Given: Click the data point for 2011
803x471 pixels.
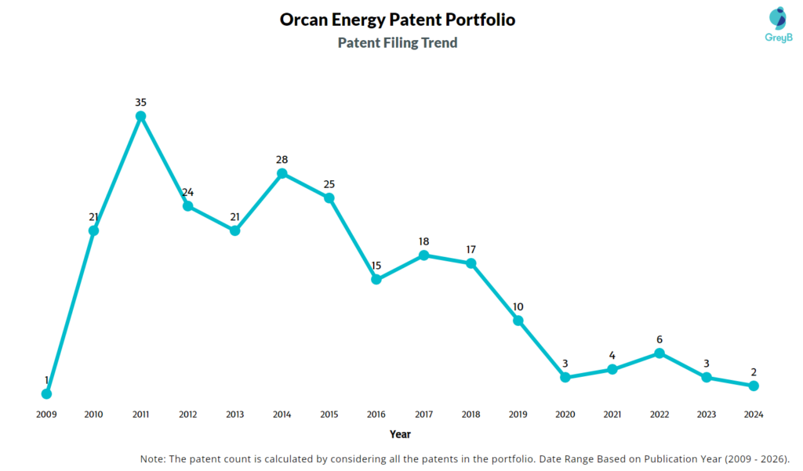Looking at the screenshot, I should click(141, 116).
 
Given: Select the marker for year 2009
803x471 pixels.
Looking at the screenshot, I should click(46, 393).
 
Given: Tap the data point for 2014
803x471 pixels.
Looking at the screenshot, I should click(282, 173).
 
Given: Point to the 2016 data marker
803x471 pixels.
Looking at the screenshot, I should click(376, 279).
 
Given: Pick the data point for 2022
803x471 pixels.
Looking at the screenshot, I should click(659, 353).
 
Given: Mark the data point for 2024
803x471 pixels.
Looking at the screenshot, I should click(754, 386).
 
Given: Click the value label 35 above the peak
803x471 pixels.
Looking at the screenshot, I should click(141, 102).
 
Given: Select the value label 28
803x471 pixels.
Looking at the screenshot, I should click(282, 159).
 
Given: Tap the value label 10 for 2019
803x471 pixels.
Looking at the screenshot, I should click(518, 306).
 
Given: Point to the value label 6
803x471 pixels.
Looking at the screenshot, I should click(659, 339).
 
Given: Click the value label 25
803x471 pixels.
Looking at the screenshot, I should click(329, 184).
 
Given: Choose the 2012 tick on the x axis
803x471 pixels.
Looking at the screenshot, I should click(188, 414).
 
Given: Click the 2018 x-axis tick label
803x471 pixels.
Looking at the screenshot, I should click(471, 414).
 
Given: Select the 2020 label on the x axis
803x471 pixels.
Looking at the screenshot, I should click(565, 414).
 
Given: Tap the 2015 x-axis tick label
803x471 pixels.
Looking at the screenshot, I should click(329, 414).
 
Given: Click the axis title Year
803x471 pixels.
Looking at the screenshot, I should click(400, 434).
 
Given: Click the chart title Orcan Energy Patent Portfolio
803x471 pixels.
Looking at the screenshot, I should click(398, 20).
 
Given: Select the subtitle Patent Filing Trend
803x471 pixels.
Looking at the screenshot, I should click(398, 43).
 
